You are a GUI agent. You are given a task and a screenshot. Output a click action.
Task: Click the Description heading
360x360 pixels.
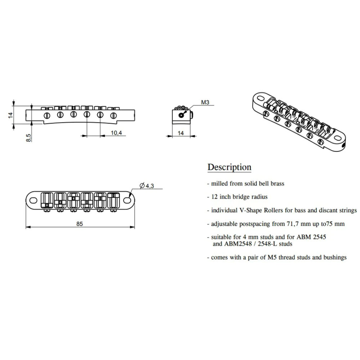point(229,167)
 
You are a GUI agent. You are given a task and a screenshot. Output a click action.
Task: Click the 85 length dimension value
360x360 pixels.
point(80,224)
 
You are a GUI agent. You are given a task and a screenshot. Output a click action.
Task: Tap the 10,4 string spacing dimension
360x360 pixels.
point(116,133)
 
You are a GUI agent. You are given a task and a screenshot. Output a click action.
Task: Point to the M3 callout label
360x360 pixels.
point(205,103)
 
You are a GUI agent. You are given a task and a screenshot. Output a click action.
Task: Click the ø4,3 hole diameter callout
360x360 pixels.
point(147,185)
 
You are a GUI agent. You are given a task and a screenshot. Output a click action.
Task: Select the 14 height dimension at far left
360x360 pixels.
point(10,115)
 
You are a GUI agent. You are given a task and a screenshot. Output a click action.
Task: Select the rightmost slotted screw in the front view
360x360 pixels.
point(114,116)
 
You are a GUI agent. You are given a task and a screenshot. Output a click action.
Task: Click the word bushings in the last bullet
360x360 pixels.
point(334,257)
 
